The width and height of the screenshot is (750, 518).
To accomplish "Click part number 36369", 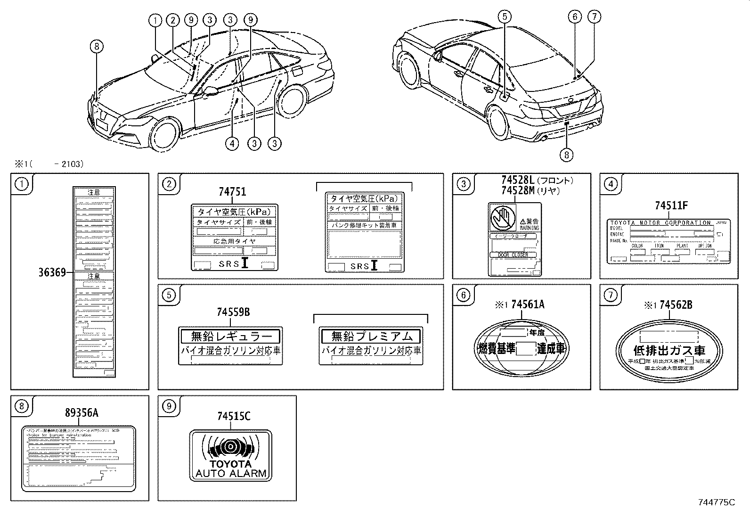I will click(52, 272).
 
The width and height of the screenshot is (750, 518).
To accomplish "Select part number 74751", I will click(232, 192).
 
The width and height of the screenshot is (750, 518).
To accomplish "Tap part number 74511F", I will click(671, 206).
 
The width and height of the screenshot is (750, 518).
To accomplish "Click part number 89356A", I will click(82, 413).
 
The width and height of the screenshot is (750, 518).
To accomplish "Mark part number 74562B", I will click(676, 305).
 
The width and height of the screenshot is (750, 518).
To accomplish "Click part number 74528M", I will click(518, 190).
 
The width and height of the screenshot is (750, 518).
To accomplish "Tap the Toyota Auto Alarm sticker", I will click(230, 455).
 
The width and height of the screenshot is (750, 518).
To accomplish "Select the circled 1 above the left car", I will click(155, 20).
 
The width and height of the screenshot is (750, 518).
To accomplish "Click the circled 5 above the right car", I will click(504, 17).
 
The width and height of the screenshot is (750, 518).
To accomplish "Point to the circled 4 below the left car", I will click(232, 143).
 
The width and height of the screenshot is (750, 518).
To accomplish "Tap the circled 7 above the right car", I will click(594, 17).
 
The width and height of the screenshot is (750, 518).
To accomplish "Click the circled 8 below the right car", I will click(567, 154).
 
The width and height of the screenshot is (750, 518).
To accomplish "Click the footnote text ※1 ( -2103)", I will click(49, 164).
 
